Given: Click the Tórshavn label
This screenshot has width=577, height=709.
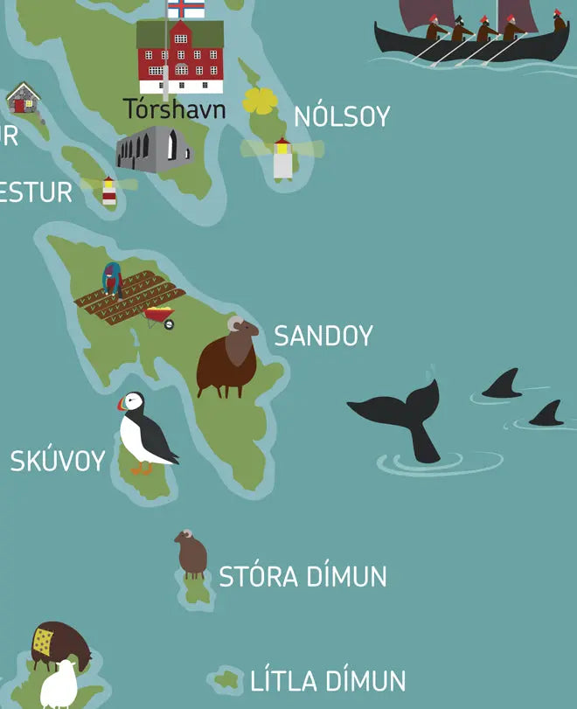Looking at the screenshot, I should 174,109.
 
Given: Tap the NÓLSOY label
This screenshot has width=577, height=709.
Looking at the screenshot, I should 342,116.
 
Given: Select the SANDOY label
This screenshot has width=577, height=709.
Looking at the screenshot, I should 323,336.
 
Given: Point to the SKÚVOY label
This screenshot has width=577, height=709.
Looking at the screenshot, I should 58,461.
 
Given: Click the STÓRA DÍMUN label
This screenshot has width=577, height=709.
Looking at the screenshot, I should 302,577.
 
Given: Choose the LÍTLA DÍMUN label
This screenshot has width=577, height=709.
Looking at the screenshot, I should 328,681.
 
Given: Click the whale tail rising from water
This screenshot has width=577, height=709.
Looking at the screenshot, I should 402,416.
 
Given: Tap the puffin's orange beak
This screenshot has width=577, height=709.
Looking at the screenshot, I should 122,405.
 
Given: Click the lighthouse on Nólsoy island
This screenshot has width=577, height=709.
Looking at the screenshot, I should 282,159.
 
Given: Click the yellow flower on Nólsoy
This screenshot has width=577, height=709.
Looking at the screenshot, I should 260,101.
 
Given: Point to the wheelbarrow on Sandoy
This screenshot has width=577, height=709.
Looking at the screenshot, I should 161,317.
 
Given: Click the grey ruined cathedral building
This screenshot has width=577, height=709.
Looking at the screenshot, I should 155,148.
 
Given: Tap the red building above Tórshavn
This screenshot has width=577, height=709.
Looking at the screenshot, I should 180,57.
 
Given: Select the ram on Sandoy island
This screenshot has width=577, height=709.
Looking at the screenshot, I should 226,358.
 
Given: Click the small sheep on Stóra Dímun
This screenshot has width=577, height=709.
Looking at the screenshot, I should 191,553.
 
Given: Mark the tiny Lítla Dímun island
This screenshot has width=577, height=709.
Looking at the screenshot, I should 227,679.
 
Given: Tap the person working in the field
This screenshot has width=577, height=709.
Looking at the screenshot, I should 111,278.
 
